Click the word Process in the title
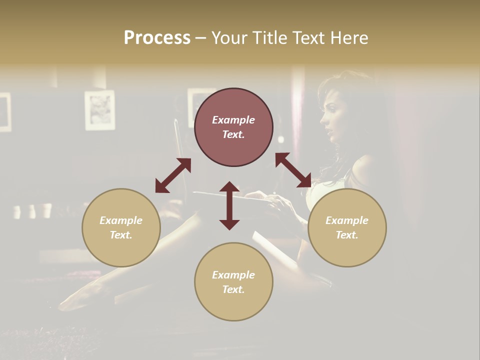157,38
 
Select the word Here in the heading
350,38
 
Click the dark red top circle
233,127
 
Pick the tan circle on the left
121,227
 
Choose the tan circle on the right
347,227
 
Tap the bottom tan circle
233,281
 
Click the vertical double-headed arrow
229,205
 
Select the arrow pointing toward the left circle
173,175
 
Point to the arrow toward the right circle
293,170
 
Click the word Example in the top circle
233,120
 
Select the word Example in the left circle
121,220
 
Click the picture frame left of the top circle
99,110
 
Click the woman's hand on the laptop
277,202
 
